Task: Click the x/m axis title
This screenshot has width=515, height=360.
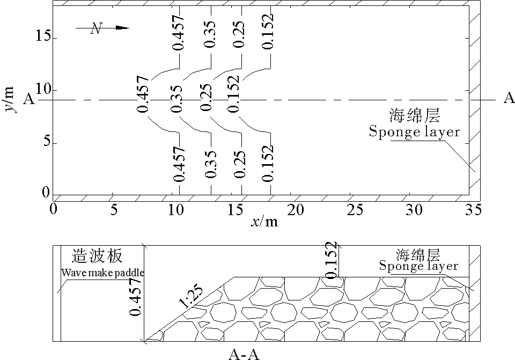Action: point(264,222)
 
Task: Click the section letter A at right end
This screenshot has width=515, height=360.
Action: point(509,98)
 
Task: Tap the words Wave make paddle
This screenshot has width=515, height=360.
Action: point(102,272)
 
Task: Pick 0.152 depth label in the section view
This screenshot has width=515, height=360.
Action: point(332,260)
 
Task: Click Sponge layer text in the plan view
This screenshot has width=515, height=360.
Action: point(414,131)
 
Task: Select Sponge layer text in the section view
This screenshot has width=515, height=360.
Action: point(418,266)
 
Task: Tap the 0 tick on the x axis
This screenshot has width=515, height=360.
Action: point(53,210)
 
